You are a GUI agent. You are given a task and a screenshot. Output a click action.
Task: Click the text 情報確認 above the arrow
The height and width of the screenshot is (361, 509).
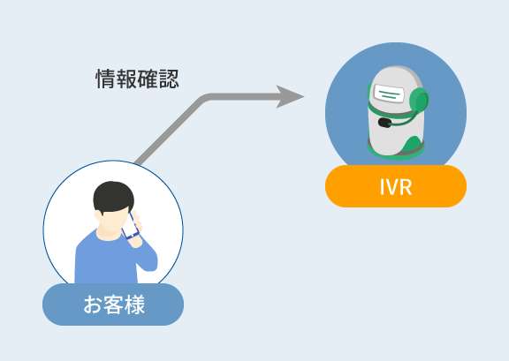(137, 79)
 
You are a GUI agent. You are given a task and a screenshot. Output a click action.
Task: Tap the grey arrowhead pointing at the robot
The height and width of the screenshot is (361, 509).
(289, 97)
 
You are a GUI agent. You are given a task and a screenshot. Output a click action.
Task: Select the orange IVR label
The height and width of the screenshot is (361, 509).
(396, 186)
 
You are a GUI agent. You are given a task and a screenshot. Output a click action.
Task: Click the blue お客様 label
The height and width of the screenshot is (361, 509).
(113, 305)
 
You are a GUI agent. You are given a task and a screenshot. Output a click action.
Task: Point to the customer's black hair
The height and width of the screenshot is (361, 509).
(113, 196)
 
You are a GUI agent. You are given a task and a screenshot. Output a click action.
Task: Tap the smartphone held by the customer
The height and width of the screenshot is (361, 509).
(130, 226)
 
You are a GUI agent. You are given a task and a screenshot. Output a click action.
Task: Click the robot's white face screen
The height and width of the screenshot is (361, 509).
(389, 93)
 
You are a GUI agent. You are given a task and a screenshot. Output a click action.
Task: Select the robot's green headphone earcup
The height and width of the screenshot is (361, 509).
(419, 101)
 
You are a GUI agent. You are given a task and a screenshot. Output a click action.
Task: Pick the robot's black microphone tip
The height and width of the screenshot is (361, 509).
(384, 123)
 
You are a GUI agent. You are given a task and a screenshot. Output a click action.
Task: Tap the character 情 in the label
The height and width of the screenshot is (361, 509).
(106, 79)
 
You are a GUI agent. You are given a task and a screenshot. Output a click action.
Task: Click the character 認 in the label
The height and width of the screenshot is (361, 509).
(169, 79)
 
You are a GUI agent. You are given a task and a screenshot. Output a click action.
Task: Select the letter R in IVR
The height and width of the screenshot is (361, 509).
(406, 187)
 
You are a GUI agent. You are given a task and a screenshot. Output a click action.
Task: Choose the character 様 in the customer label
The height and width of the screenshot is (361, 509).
(134, 305)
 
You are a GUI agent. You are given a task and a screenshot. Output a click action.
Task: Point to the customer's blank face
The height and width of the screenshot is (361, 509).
(112, 221)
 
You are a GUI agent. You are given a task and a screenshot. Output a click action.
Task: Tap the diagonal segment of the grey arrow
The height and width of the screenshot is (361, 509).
(168, 131)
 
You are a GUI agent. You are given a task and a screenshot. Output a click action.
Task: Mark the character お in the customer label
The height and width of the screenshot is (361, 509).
(93, 305)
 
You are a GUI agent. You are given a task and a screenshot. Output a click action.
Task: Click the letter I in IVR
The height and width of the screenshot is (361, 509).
(382, 187)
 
